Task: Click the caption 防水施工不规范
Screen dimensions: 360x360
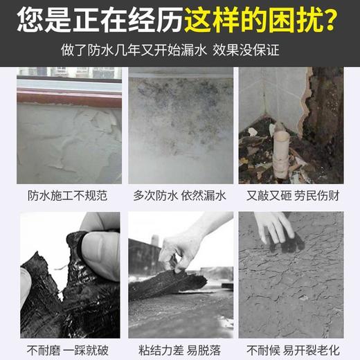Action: coord(69,196)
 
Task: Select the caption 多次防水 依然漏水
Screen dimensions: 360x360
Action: coord(180,196)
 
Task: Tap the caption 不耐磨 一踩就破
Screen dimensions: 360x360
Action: coord(69,350)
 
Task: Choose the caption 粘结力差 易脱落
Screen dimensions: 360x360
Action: coord(180,350)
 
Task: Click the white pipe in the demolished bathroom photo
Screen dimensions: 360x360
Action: coord(282,152)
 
